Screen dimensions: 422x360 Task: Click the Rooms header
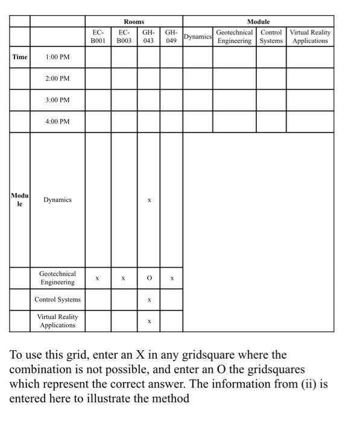[x=134, y=22]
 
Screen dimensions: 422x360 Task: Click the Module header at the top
[x=258, y=22]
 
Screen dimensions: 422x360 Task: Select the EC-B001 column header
[x=98, y=36]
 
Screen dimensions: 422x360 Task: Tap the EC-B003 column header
[x=124, y=36]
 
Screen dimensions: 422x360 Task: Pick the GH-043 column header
[x=148, y=36]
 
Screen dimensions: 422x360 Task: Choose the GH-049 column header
[x=171, y=36]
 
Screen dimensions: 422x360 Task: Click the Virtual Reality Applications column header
[x=310, y=36]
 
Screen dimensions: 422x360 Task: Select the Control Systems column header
[x=271, y=36]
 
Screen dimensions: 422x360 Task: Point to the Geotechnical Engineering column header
[x=234, y=36]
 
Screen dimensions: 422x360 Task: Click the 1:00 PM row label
[x=57, y=57]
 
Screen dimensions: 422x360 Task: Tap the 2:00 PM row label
[x=57, y=79]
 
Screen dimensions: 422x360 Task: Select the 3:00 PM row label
[x=57, y=100]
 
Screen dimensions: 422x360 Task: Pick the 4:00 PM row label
[x=57, y=122]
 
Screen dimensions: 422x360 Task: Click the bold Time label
[x=20, y=57]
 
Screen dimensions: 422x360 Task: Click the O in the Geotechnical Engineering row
[x=148, y=279]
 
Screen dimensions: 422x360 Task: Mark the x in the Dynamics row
[x=148, y=200]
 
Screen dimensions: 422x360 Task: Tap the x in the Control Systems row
[x=148, y=300]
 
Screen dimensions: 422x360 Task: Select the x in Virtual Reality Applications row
[x=148, y=321]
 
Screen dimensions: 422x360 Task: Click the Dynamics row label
[x=57, y=200]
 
